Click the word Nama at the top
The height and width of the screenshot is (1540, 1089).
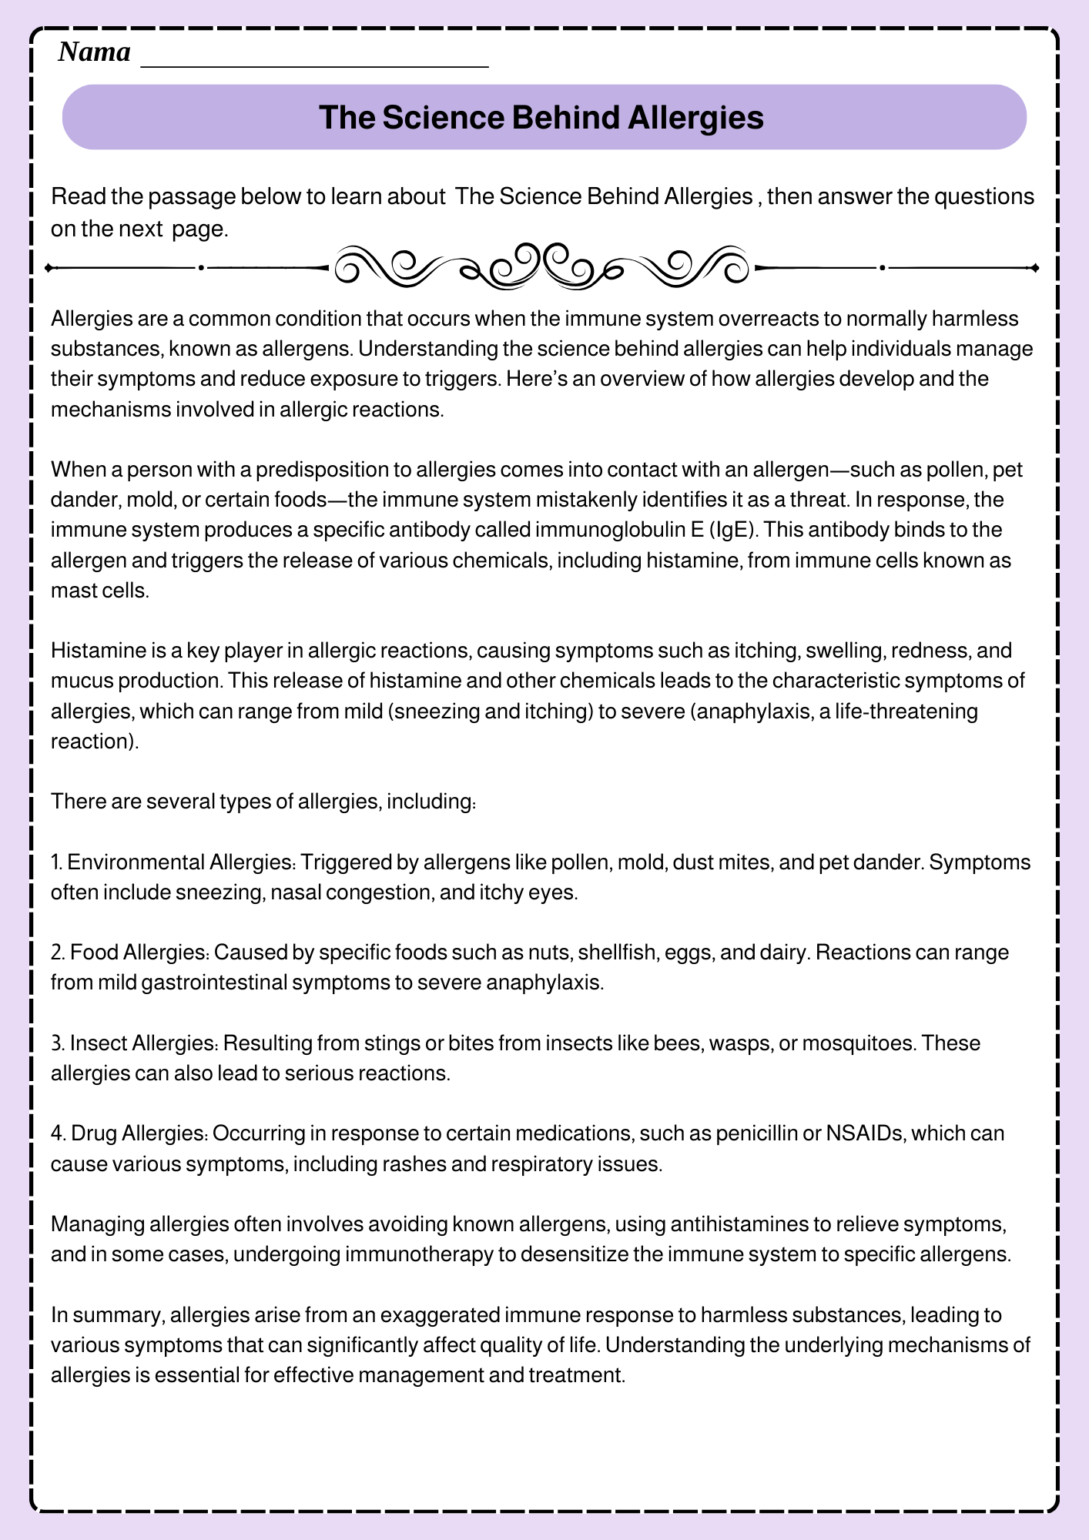click(x=94, y=52)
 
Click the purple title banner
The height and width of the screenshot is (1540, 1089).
click(x=544, y=117)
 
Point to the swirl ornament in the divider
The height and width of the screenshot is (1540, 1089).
click(x=542, y=266)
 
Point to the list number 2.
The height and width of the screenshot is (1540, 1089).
click(x=57, y=952)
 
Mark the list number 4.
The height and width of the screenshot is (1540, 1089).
click(x=57, y=1133)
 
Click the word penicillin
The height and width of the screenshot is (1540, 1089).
click(x=758, y=1133)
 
